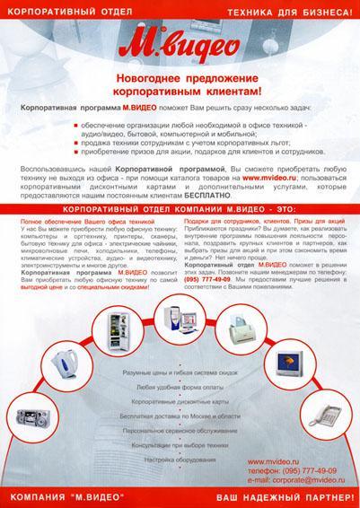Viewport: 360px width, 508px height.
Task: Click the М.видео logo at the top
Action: [180, 47]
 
